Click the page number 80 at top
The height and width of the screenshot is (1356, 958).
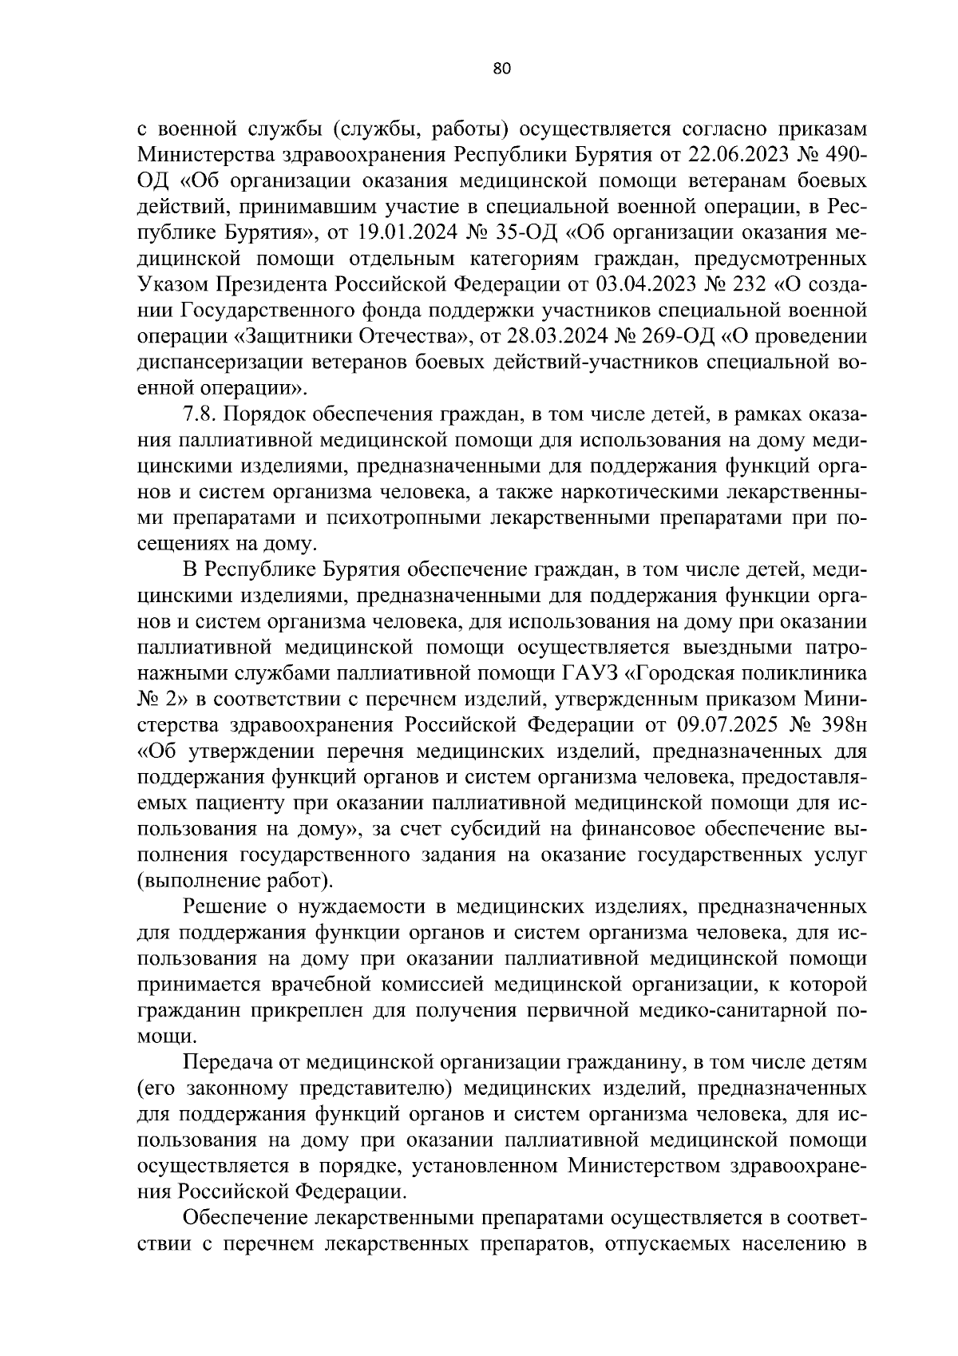point(501,69)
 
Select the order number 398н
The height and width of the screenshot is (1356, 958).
point(841,725)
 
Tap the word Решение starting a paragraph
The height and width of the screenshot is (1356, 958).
point(224,907)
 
